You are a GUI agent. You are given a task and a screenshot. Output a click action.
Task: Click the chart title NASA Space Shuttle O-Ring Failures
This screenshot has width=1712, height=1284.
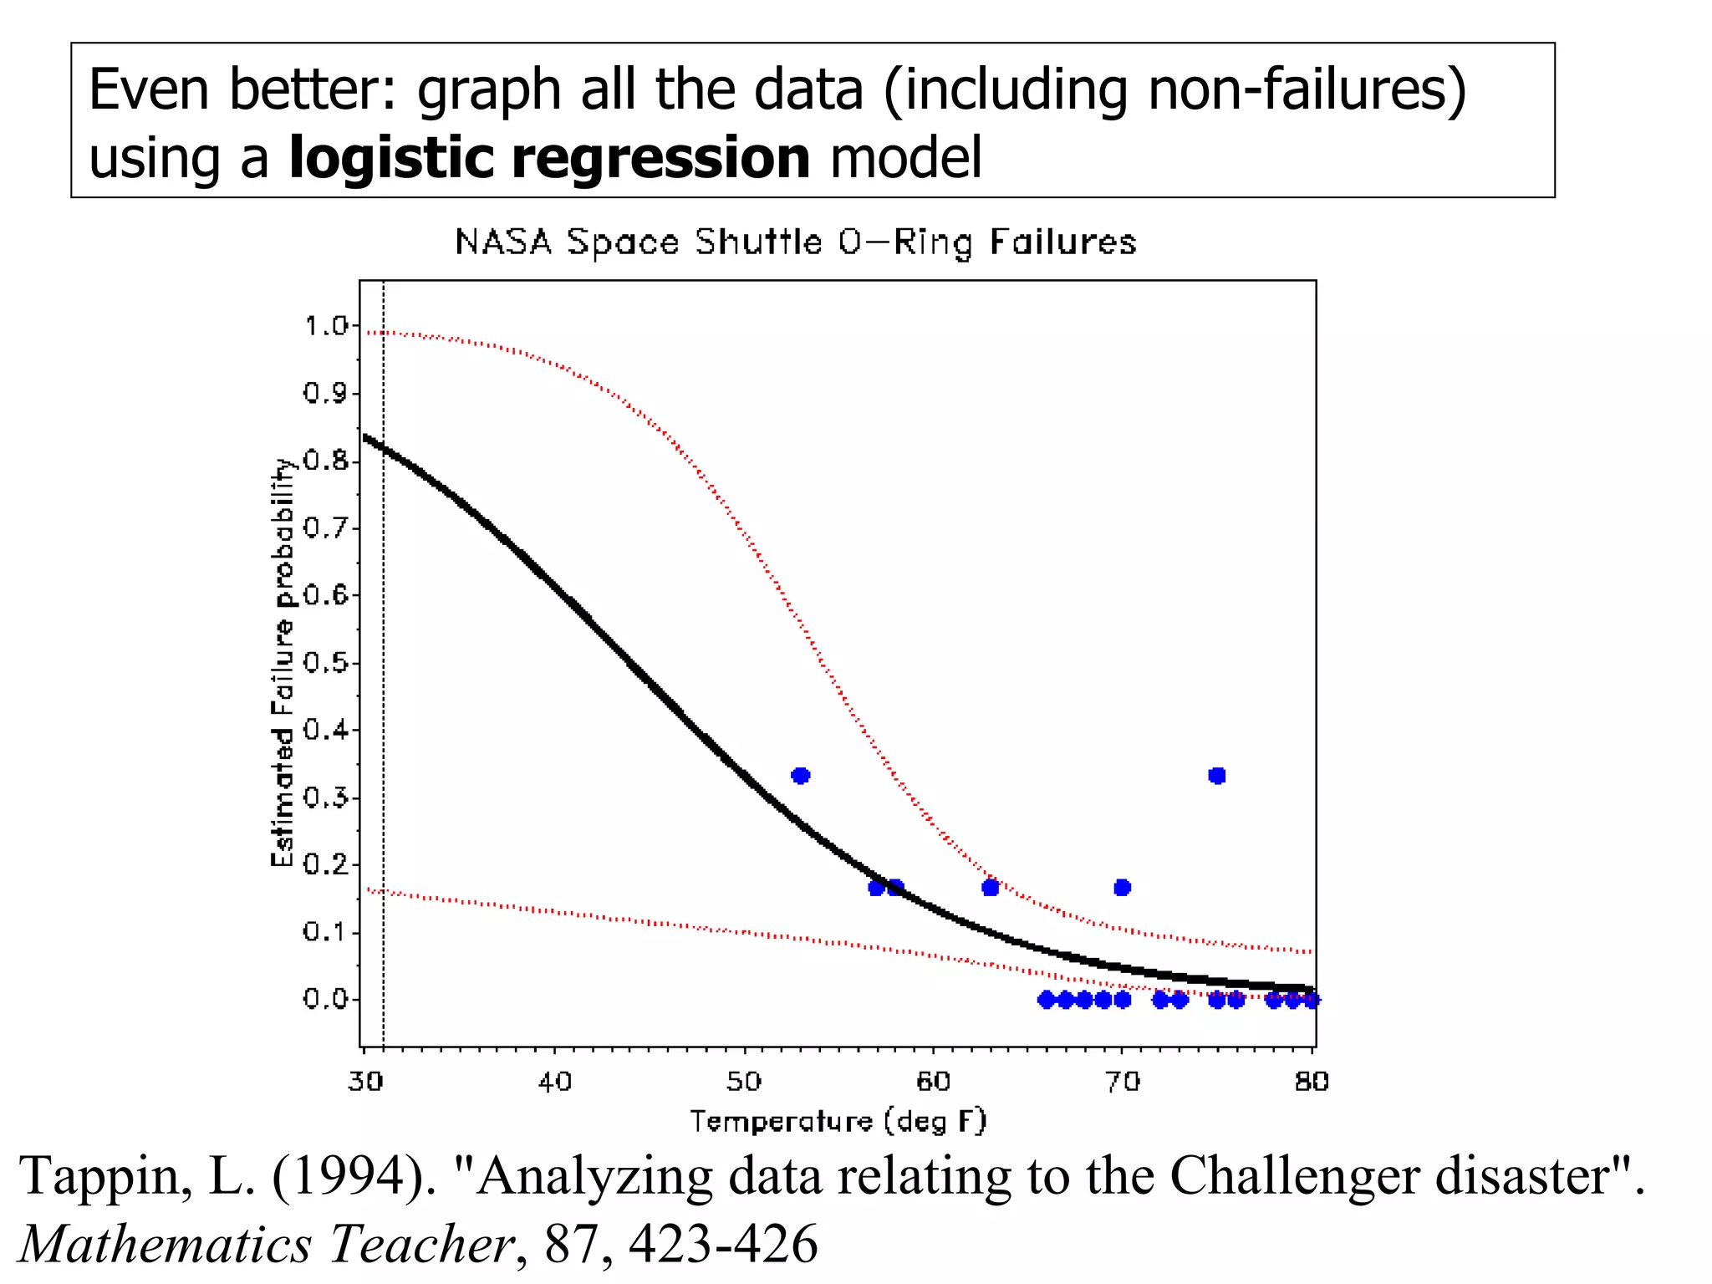coord(795,242)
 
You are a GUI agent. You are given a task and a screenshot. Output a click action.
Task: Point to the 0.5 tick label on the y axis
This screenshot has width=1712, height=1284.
coord(325,663)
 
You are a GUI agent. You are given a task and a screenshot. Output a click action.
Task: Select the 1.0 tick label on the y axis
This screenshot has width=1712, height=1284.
coord(325,326)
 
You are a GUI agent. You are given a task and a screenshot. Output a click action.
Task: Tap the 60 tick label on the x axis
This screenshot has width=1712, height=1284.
coord(933,1082)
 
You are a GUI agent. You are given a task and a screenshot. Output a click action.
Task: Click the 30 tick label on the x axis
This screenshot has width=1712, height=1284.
coord(365,1082)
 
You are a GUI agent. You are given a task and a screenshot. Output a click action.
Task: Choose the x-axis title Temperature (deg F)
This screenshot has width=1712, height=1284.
coord(838,1121)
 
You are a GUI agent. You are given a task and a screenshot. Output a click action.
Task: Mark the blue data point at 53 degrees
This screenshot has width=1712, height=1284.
coord(801,776)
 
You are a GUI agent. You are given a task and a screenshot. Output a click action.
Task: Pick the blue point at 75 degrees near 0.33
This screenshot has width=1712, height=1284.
coord(1217,776)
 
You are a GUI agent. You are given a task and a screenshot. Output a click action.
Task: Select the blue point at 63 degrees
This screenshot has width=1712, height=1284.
coord(991,887)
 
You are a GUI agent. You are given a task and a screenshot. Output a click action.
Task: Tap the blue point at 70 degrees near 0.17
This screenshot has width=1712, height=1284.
coord(1123,887)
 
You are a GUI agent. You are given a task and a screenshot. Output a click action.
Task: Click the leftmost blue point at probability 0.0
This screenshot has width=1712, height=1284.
coord(1046,999)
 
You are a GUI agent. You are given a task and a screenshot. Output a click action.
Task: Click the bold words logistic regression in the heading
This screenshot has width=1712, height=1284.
coord(549,158)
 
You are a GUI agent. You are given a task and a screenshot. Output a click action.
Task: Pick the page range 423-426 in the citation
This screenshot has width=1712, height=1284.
coord(723,1244)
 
